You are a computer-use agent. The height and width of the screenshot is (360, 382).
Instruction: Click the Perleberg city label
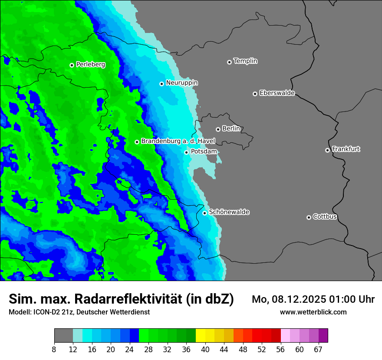(x=90, y=65)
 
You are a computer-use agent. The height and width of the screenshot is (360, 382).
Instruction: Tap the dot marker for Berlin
(x=218, y=129)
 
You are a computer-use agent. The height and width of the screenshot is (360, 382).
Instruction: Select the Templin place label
(x=245, y=61)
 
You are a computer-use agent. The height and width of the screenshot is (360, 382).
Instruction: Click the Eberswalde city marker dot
(x=255, y=94)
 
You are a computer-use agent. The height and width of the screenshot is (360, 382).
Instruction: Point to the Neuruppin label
(x=181, y=83)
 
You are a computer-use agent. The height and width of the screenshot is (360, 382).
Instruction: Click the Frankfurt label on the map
(x=346, y=149)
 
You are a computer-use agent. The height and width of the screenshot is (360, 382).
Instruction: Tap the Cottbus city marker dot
(x=309, y=217)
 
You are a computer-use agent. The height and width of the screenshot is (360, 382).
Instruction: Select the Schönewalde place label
(x=229, y=212)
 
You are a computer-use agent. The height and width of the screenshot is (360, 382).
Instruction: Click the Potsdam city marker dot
(x=186, y=152)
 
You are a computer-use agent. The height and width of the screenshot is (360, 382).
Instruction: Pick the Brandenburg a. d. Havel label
(x=178, y=141)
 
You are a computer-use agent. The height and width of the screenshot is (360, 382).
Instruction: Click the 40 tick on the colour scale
(x=205, y=349)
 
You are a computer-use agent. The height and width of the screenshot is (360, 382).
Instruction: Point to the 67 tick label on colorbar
(x=318, y=349)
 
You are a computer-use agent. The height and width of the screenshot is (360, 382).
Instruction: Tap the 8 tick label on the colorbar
(x=54, y=349)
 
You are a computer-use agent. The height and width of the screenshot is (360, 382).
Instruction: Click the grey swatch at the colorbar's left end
(x=63, y=336)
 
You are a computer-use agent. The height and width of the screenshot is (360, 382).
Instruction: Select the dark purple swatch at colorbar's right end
(x=323, y=336)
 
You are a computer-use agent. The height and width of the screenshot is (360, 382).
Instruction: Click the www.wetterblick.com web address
(x=313, y=312)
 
